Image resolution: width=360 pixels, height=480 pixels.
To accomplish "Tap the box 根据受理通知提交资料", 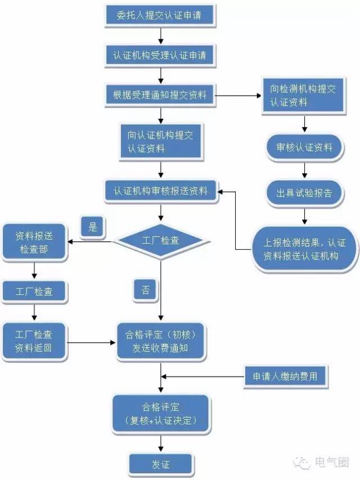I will click(160, 95).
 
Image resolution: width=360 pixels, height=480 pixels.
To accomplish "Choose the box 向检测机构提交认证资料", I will click(304, 96).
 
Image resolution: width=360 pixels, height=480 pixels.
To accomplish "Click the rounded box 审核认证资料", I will click(304, 148).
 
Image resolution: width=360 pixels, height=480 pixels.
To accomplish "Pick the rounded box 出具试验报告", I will click(304, 193).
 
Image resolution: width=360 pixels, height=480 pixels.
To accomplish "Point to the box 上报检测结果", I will click(304, 249).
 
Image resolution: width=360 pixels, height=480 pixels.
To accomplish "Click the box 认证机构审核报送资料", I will click(160, 191).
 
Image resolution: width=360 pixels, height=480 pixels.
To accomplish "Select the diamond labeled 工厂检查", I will click(161, 240).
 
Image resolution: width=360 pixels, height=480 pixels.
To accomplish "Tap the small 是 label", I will click(93, 227).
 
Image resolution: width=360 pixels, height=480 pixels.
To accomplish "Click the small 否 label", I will click(146, 290).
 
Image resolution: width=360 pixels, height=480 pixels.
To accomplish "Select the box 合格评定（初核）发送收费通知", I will click(161, 341).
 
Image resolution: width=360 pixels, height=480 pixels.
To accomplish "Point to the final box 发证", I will click(161, 465).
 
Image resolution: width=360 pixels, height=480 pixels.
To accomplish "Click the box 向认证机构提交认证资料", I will click(160, 142).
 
